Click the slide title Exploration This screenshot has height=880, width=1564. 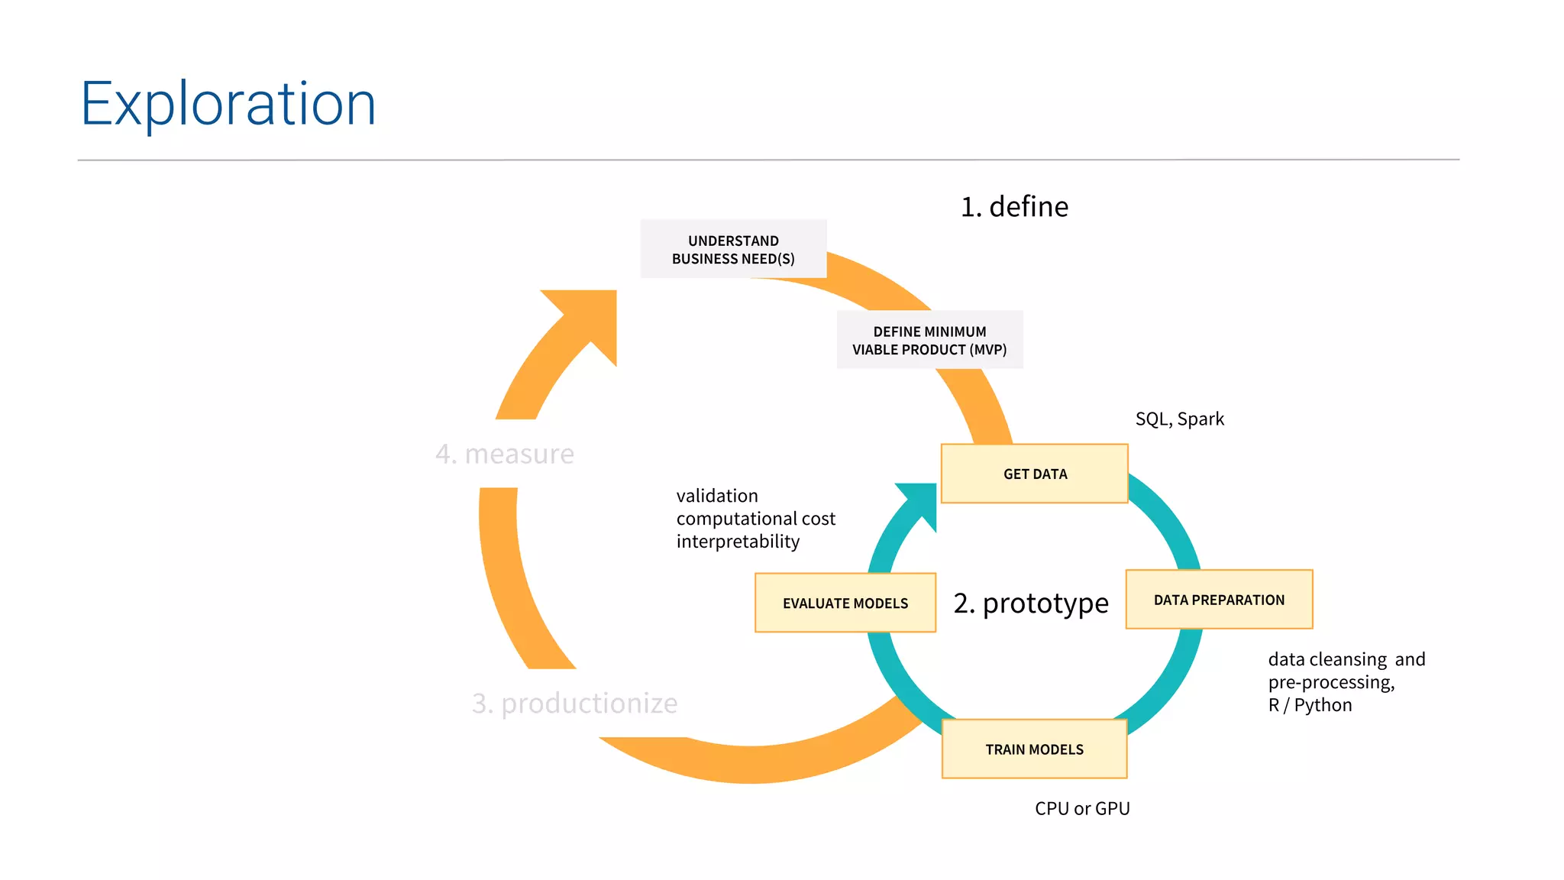228,104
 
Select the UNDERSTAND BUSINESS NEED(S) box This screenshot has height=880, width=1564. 733,249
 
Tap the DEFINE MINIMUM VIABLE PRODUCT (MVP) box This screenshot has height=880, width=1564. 929,340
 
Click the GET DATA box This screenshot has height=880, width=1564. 1034,474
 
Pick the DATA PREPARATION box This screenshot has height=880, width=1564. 1219,600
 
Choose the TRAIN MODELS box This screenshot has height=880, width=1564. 1034,749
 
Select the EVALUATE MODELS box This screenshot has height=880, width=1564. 845,603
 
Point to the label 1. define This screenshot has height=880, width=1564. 1014,207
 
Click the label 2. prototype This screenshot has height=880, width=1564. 1030,603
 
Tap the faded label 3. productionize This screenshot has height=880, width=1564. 574,703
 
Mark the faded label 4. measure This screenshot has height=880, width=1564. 504,454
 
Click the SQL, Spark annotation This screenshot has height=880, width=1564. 1179,419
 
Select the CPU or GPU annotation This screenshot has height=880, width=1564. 1082,808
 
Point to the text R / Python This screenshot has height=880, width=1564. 1310,705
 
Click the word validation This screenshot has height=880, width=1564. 717,496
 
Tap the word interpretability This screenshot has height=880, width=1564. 738,542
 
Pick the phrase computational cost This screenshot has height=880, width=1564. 755,519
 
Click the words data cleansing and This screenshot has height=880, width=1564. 1346,659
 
